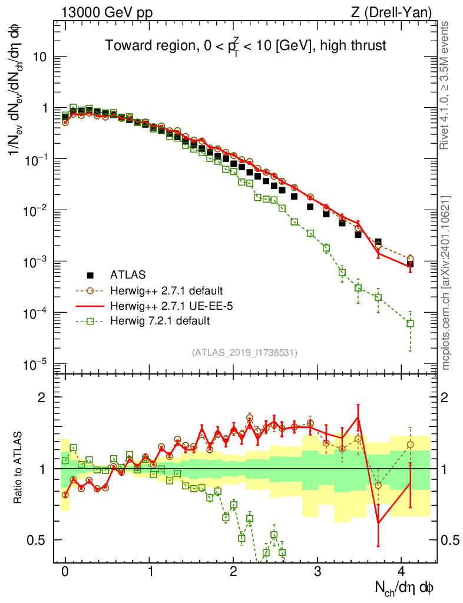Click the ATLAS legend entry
[x=127, y=274]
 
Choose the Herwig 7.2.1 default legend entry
[x=154, y=321]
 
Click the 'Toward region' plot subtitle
[x=245, y=46]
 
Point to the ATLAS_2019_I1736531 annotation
[x=244, y=353]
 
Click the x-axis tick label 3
[x=318, y=572]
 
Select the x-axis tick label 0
[x=65, y=572]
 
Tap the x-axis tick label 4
[x=402, y=572]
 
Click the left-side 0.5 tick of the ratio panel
[x=39, y=540]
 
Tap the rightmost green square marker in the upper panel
[x=410, y=323]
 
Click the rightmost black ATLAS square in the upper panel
[x=410, y=264]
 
